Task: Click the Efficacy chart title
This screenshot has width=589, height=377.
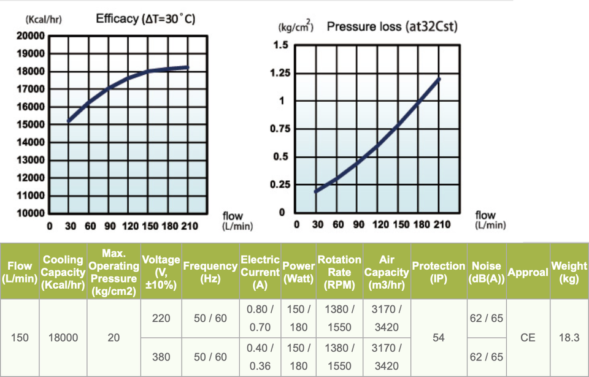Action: tap(145, 19)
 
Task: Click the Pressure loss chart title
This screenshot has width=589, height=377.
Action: tap(392, 26)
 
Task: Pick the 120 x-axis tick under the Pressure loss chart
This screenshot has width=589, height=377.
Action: tap(380, 224)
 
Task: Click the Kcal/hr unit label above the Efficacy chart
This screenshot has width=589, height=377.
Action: tap(43, 20)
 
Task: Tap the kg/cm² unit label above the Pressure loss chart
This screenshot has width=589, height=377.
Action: tap(296, 28)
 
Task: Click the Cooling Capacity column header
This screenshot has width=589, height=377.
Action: tap(63, 272)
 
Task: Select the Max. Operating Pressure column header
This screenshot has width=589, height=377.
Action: tap(114, 272)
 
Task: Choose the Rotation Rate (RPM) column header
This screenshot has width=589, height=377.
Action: tap(339, 272)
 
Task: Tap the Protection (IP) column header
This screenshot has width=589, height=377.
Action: tap(438, 272)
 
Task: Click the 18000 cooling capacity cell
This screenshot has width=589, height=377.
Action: tap(63, 337)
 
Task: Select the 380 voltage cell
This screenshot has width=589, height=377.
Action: tap(161, 357)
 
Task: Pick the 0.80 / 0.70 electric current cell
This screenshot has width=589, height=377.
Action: tap(260, 318)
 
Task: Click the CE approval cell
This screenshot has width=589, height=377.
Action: tap(528, 337)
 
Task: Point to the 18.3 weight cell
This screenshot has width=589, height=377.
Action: tap(569, 337)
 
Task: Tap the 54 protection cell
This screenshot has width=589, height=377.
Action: tap(438, 337)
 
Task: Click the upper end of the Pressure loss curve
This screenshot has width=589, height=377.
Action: tap(439, 79)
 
